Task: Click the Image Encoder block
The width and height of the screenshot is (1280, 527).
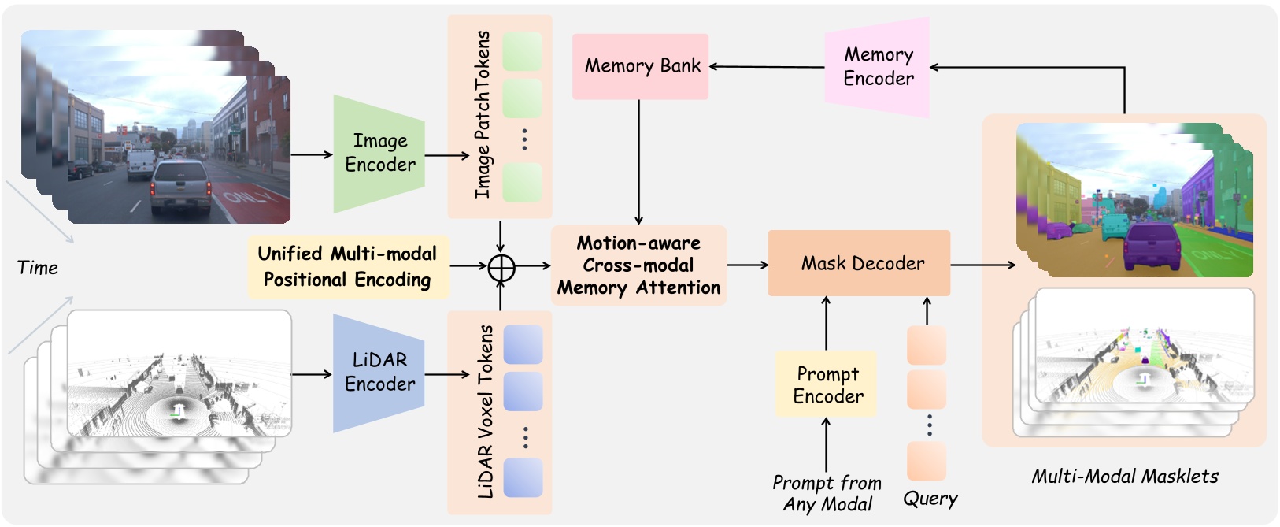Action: [379, 154]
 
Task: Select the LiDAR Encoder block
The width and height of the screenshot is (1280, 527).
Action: [379, 373]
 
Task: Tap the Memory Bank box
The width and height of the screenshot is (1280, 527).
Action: [640, 66]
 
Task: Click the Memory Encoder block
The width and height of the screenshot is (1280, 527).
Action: [878, 67]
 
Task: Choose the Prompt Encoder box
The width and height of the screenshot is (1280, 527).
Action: [826, 384]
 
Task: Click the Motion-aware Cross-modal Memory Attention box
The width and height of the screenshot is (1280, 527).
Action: [638, 265]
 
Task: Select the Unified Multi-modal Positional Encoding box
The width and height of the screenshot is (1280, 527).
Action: [348, 266]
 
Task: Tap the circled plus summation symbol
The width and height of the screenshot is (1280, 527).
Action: [501, 268]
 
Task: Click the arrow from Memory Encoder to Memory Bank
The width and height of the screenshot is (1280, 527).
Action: [768, 67]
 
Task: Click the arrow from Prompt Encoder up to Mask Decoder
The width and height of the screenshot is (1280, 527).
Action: [826, 323]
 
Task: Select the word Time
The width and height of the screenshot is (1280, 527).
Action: [38, 268]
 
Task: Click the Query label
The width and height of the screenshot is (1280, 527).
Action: [930, 499]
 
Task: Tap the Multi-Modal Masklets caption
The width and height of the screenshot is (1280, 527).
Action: [1124, 476]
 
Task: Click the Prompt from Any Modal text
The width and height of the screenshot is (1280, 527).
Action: [827, 493]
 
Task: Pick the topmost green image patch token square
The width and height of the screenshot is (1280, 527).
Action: [522, 51]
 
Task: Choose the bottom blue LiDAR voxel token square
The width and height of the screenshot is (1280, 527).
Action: [523, 477]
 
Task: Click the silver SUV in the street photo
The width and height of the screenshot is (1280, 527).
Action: [181, 187]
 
